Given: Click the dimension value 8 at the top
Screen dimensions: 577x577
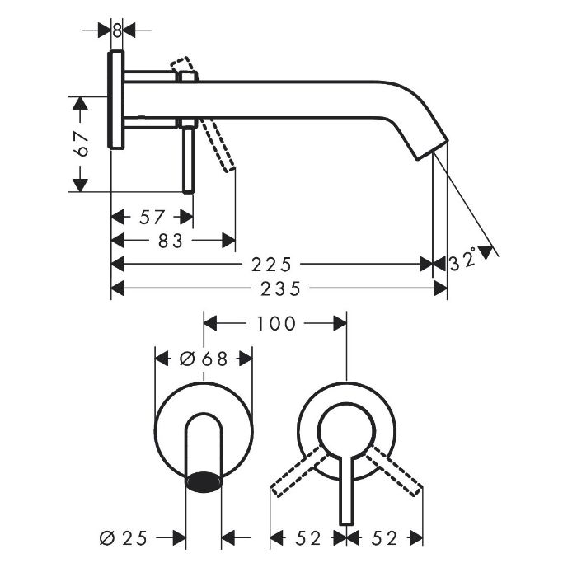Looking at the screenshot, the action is pos(117,30).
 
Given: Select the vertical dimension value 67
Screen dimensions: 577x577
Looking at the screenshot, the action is pos(82,144).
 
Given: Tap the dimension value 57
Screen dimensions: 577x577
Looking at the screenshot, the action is pos(152,217).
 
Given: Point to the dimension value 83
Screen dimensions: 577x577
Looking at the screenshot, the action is pos(171,241).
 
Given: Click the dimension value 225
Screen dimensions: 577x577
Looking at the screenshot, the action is pos(271,265).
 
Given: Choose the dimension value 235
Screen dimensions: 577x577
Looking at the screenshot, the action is pos(281,288).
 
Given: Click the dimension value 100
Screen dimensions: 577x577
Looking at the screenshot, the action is pos(276,324).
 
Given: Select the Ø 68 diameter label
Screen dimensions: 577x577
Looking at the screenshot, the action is pos(204,359).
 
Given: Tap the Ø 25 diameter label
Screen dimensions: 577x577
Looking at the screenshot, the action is pos(124,538).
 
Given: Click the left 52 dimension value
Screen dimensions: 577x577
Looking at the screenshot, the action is pos(308,539).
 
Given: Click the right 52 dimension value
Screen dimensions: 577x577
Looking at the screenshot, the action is pos(385,539).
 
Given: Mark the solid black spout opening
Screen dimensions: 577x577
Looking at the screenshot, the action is pos(204,482).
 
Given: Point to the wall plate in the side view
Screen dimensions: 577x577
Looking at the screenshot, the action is pos(116,100).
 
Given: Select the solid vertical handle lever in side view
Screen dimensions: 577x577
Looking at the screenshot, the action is pos(189,159).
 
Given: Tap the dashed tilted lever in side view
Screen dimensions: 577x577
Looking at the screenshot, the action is pos(218,145).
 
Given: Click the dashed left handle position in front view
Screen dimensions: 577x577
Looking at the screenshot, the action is pos(299,471).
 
